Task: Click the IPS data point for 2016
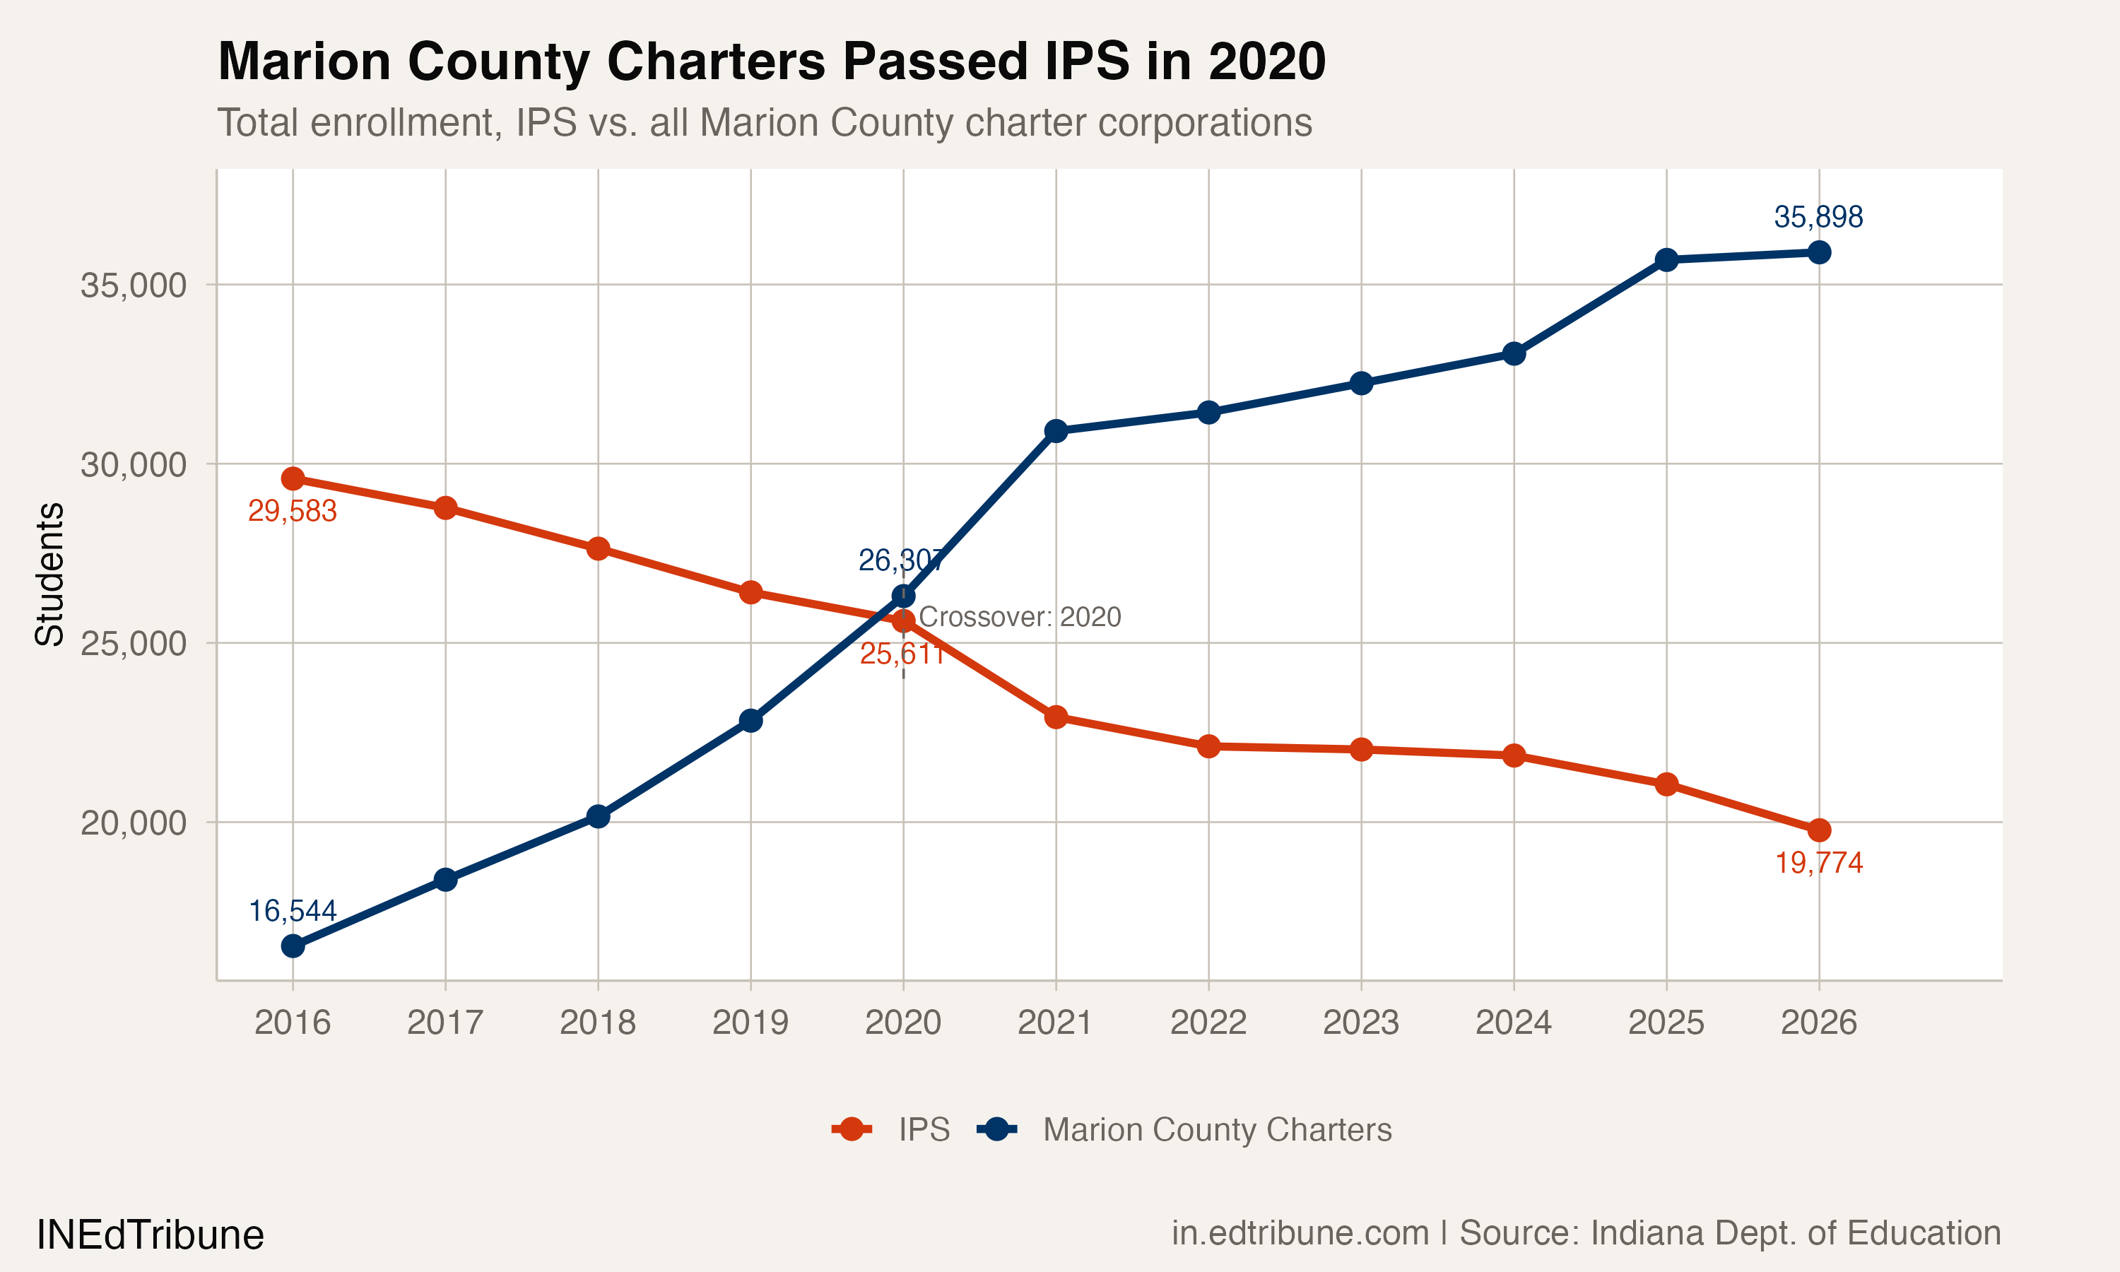(293, 478)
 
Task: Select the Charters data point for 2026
(1818, 252)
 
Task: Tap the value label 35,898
(1818, 217)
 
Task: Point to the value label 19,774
(1818, 862)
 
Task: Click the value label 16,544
(293, 910)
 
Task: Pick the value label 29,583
(293, 511)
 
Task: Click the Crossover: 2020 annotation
(1019, 617)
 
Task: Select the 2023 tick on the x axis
(1361, 1023)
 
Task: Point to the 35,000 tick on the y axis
(133, 285)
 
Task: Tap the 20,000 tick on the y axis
(133, 823)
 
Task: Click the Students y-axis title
(49, 575)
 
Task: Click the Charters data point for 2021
(1056, 431)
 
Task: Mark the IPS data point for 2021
(1056, 717)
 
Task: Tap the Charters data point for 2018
(598, 816)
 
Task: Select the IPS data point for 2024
(1513, 755)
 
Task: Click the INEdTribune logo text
(150, 1235)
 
